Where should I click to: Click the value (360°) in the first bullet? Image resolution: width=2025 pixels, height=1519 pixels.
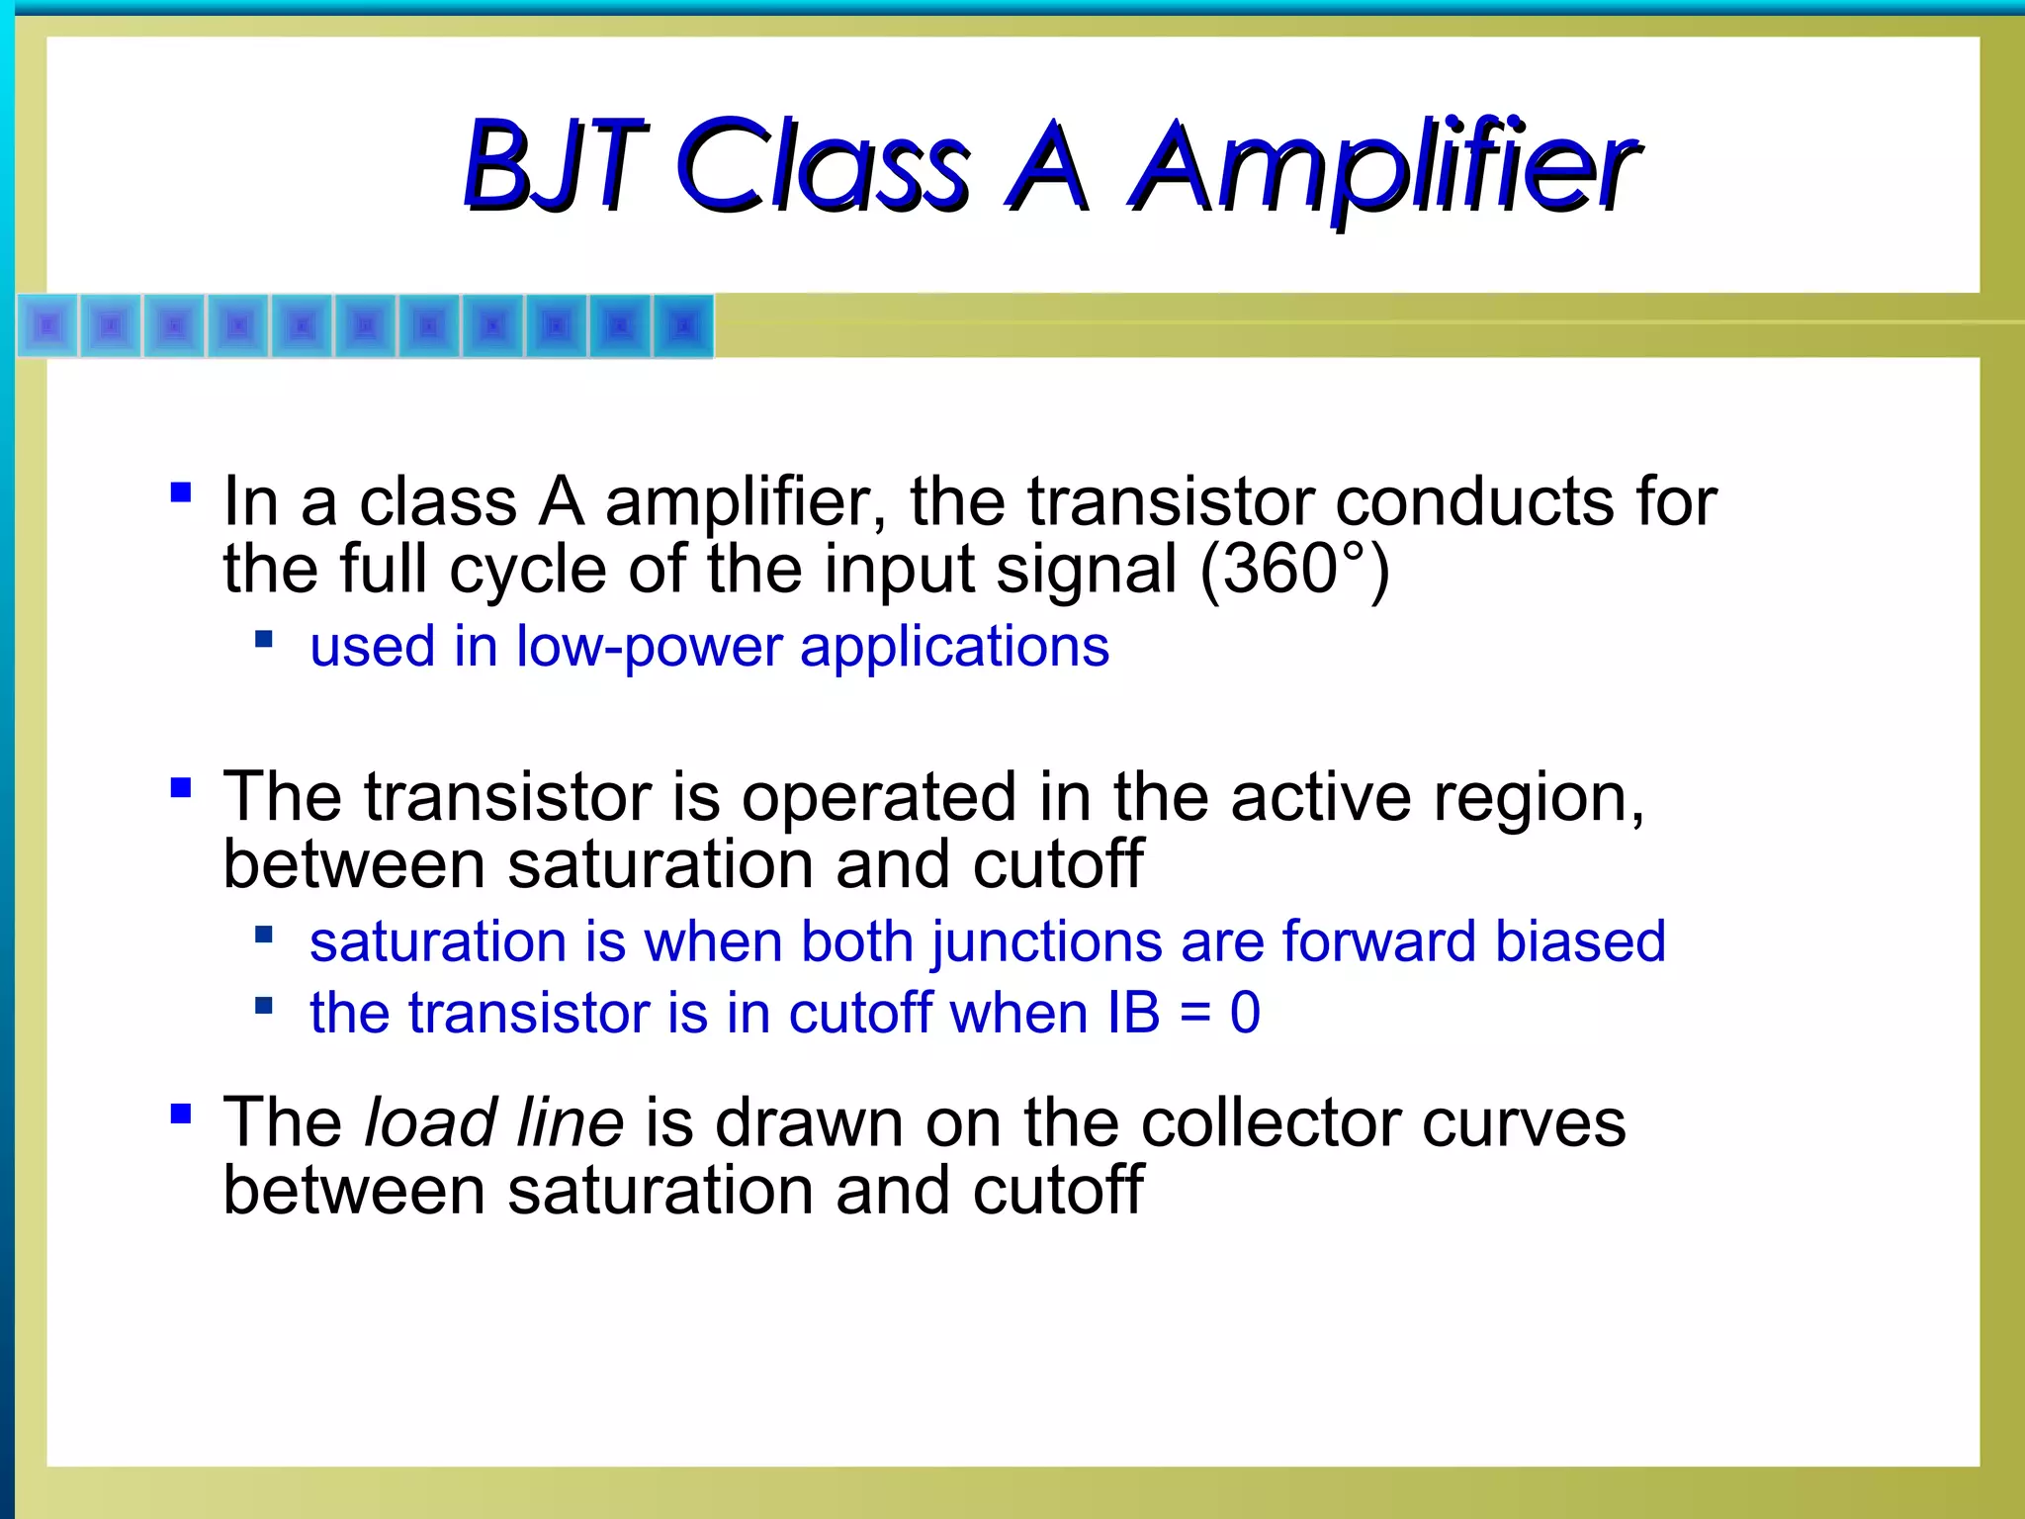coord(1295,570)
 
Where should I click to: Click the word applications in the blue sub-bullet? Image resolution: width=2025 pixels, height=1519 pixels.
coord(954,649)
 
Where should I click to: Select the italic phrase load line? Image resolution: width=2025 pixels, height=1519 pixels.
coord(493,1122)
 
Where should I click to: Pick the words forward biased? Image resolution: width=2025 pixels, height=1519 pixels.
coord(1473,940)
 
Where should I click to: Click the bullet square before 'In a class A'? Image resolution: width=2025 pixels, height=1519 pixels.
coord(181,492)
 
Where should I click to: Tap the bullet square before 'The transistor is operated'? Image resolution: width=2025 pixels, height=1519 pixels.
coord(181,787)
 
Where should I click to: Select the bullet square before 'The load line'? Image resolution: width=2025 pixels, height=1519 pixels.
coord(181,1114)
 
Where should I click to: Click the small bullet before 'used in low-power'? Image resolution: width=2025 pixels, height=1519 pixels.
coord(263,639)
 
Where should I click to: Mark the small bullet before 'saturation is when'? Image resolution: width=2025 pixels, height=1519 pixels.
coord(263,934)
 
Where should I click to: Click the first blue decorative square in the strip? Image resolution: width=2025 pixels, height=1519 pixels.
coord(48,325)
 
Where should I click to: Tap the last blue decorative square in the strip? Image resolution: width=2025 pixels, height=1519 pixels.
coord(682,325)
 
